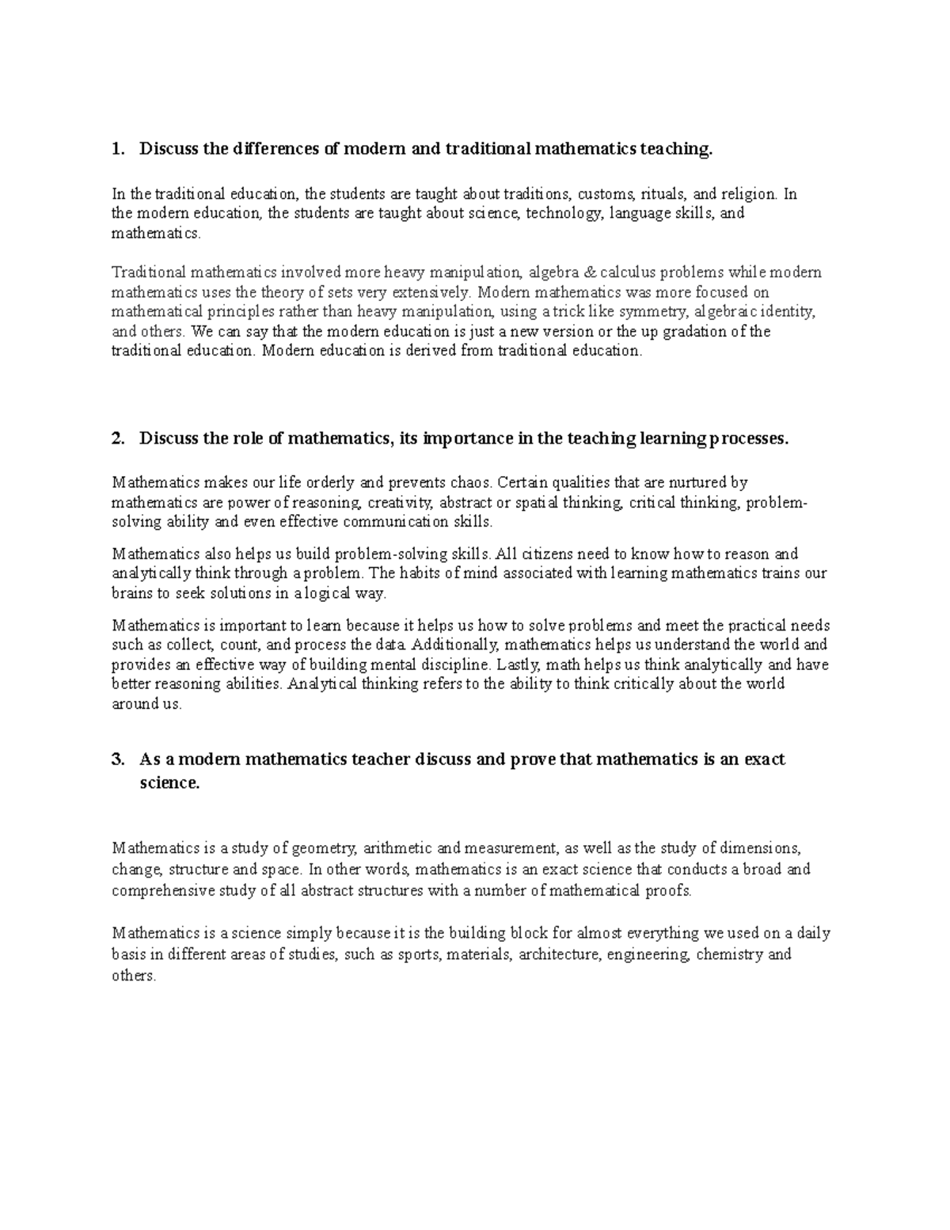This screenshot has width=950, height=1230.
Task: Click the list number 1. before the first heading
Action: pos(118,149)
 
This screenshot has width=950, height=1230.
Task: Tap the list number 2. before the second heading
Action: pos(118,439)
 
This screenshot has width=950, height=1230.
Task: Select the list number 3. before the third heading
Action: pos(118,760)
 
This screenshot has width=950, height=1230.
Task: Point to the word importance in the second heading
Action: pos(467,439)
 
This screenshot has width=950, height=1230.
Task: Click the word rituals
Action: pos(664,194)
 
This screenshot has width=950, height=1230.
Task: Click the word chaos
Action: pos(473,482)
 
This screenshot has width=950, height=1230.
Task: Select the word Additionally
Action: pos(453,645)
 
